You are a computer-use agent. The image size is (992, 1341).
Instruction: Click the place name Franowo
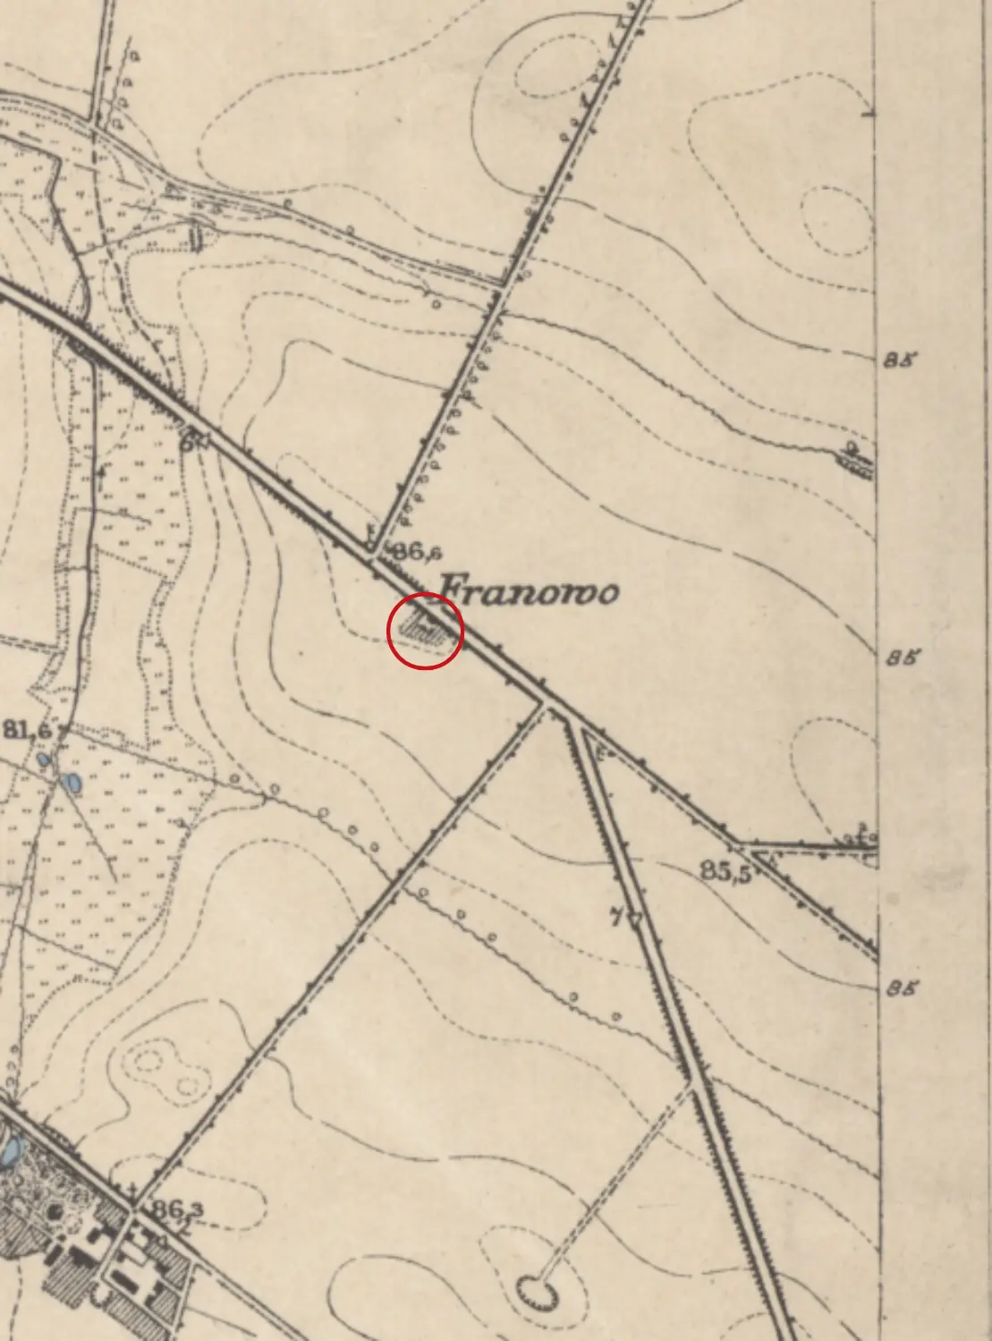[x=529, y=591]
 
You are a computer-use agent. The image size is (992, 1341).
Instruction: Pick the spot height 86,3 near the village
[x=176, y=1210]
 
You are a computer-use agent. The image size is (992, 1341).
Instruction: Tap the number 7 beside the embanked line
[x=615, y=917]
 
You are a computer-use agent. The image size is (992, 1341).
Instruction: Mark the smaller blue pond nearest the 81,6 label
[x=44, y=760]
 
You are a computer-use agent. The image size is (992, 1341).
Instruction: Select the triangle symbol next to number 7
[x=636, y=919]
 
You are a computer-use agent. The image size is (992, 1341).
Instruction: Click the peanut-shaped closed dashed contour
[x=165, y=1070]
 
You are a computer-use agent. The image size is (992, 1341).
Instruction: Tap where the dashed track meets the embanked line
[x=692, y=1085]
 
